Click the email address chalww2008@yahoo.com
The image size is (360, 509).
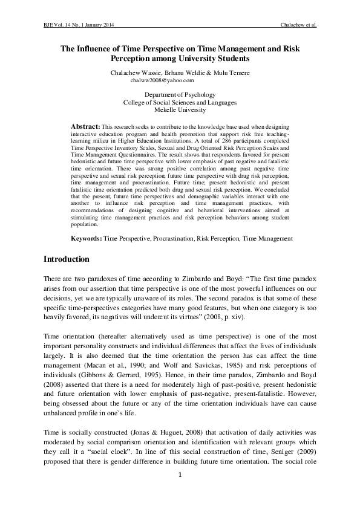(x=162, y=80)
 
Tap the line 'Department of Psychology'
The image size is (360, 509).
(x=180, y=95)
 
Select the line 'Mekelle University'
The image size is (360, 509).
(x=180, y=111)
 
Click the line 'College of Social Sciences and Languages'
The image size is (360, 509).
(x=180, y=103)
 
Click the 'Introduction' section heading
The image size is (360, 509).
(x=67, y=259)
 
